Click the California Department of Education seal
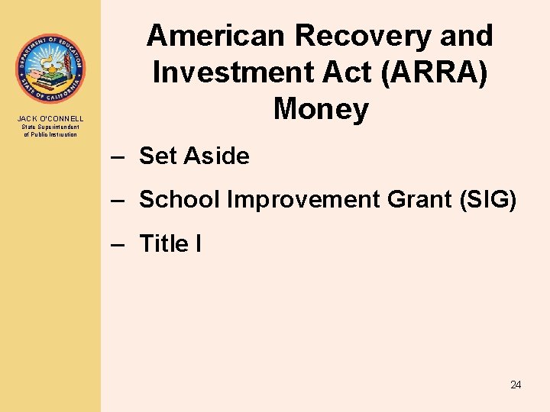[50, 69]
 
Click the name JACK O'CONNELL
[50, 119]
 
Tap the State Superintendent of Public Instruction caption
[50, 130]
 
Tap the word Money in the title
[320, 109]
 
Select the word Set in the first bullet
[158, 156]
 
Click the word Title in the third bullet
[163, 244]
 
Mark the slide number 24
[516, 385]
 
